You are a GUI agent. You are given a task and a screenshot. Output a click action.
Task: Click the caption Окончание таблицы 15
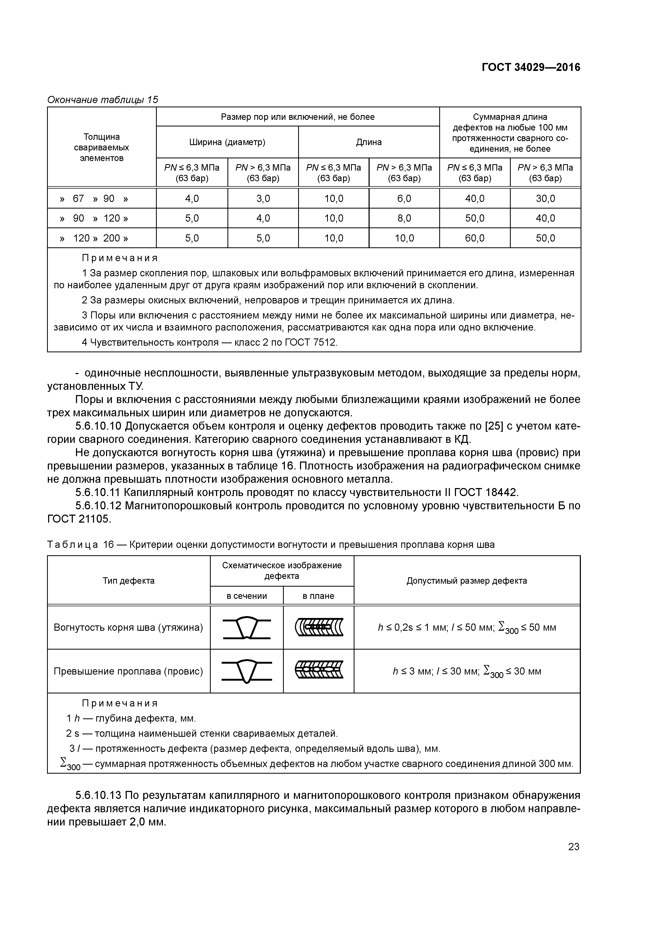click(x=103, y=100)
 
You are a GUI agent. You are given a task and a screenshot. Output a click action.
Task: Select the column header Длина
click(x=369, y=142)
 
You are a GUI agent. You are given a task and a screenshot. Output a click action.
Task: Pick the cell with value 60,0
click(x=474, y=238)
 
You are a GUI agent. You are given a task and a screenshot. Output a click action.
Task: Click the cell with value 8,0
click(x=404, y=218)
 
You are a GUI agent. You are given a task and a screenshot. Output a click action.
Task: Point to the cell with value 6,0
click(x=404, y=198)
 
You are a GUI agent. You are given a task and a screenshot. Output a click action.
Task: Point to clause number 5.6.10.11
click(x=98, y=492)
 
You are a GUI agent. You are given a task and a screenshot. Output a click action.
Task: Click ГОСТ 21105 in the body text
click(x=79, y=519)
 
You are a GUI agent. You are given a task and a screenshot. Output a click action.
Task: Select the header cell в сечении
click(x=247, y=596)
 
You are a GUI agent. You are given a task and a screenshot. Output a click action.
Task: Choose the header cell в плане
click(x=318, y=596)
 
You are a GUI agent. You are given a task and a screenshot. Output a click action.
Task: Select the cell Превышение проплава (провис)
click(x=128, y=671)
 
